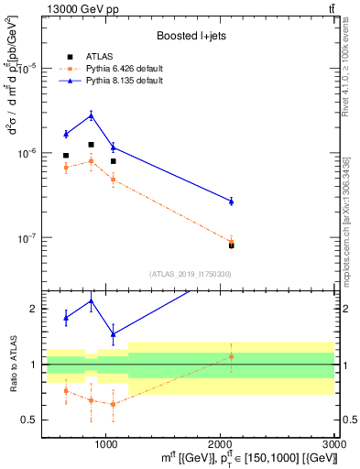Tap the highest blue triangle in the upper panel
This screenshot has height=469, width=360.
(x=91, y=115)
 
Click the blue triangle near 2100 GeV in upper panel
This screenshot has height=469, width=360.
(x=231, y=201)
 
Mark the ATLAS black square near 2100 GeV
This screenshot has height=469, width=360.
(x=231, y=245)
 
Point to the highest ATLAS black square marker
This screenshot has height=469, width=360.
(x=91, y=145)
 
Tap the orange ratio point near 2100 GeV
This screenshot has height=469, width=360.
(x=231, y=356)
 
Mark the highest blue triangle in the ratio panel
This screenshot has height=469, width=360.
(x=91, y=301)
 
